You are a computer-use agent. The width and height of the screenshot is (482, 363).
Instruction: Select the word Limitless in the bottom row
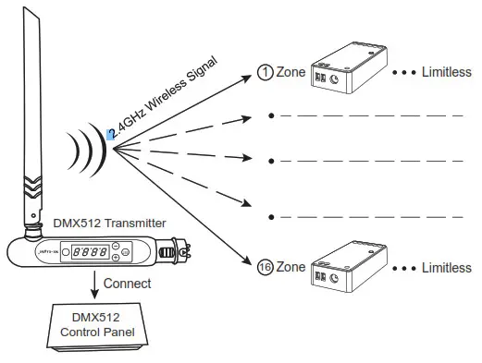point(447,268)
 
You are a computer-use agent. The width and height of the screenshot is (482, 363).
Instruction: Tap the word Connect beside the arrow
point(127,284)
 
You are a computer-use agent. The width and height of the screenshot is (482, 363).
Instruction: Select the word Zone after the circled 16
point(291,268)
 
